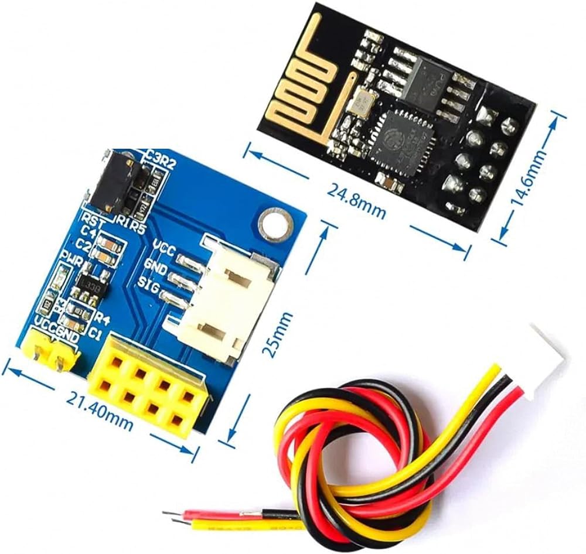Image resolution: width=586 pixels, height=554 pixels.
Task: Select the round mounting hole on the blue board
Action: click(276, 223)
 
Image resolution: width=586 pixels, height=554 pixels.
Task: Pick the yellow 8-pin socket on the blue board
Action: click(148, 389)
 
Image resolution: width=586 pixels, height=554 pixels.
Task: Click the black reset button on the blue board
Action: click(120, 182)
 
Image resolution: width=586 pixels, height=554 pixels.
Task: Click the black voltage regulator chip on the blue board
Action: click(91, 286)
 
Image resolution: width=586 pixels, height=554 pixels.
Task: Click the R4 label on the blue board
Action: click(102, 319)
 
